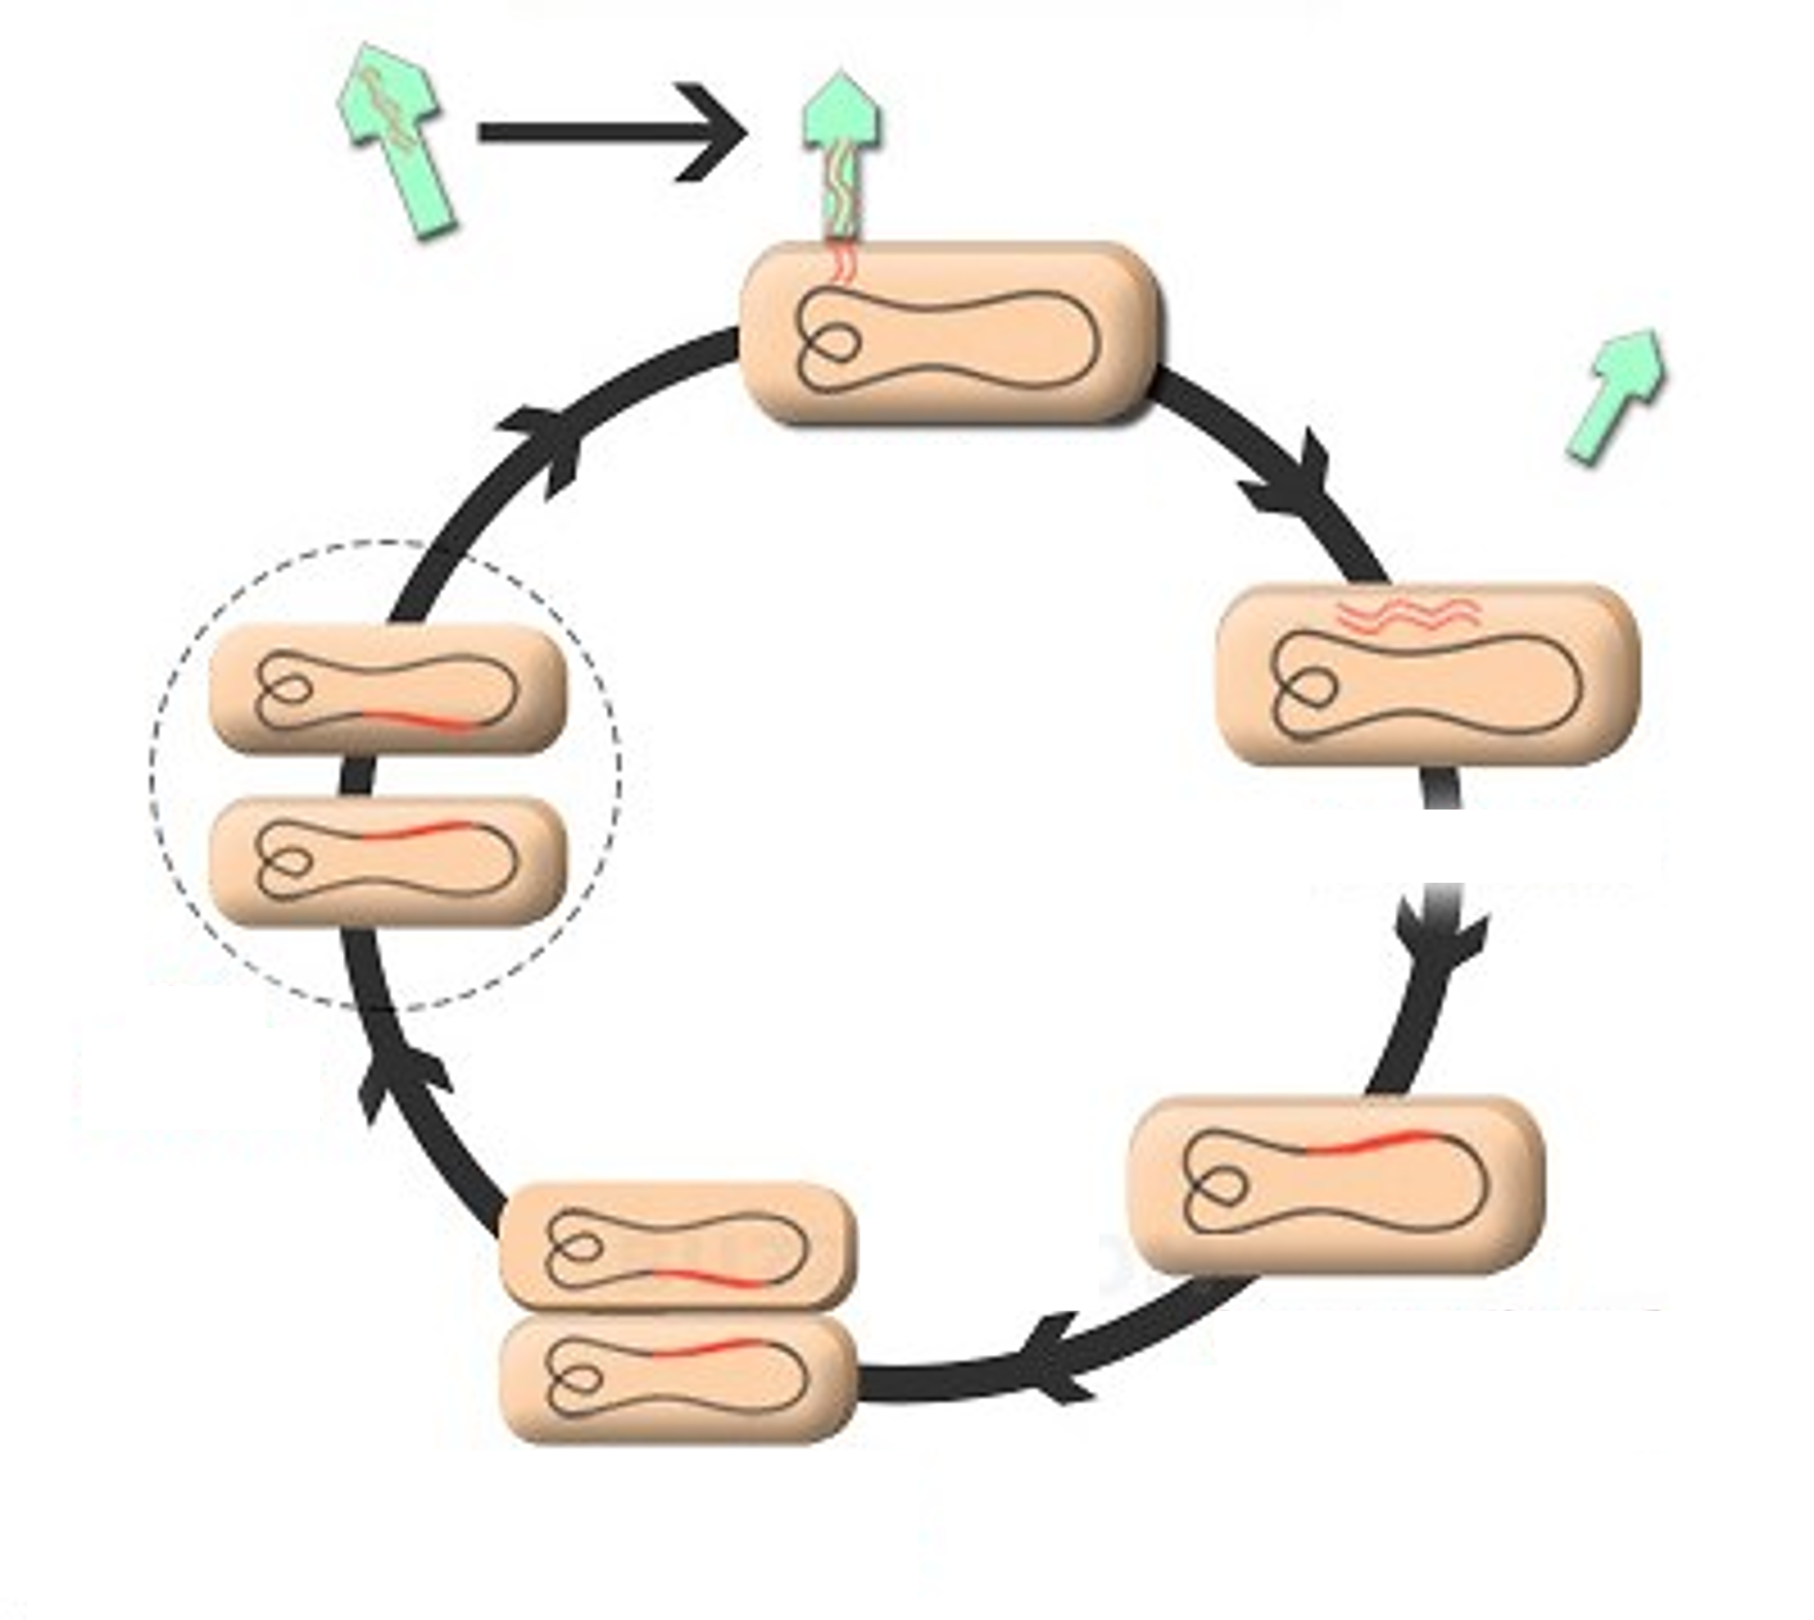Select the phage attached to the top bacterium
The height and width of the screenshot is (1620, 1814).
841,154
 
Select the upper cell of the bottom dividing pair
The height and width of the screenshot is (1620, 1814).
676,1247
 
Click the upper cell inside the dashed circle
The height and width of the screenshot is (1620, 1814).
385,687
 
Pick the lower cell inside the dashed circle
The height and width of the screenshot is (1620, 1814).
385,861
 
